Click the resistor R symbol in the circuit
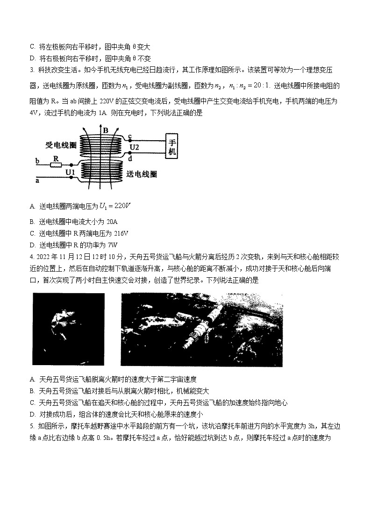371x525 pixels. pyautogui.click(x=56, y=165)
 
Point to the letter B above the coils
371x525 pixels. pyautogui.click(x=106, y=130)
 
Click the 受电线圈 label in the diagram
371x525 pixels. pyautogui.click(x=61, y=145)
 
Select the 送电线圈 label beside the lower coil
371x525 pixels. pyautogui.click(x=141, y=174)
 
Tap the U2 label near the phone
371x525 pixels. pyautogui.click(x=135, y=147)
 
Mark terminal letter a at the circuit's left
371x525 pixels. pyautogui.click(x=37, y=179)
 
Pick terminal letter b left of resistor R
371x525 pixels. pyautogui.click(x=37, y=161)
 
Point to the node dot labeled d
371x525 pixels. pyautogui.click(x=129, y=153)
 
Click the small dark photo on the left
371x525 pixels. pyautogui.click(x=69, y=329)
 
